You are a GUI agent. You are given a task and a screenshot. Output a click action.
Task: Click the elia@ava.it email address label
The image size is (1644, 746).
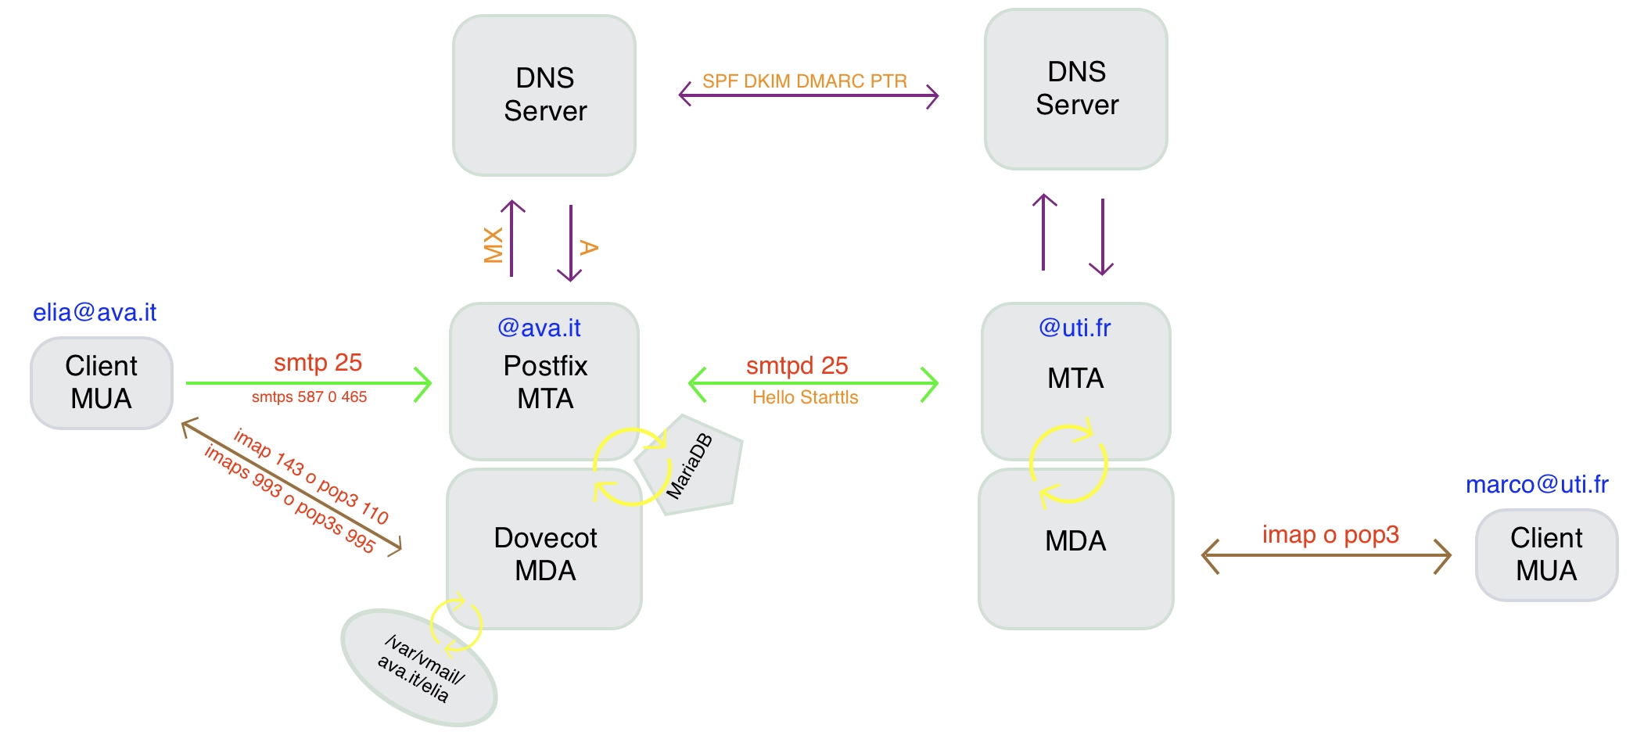[95, 313]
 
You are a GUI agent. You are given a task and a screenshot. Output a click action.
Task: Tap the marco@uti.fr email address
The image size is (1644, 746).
[1537, 485]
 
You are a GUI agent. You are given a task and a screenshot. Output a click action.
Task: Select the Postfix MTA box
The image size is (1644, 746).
[544, 382]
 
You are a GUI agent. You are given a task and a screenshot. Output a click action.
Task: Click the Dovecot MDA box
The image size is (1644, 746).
[544, 554]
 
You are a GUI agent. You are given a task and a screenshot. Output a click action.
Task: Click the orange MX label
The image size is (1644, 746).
[494, 245]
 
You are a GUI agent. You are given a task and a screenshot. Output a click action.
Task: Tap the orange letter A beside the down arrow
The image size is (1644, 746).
[589, 248]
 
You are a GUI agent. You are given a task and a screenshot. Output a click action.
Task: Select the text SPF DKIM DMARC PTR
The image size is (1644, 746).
[804, 81]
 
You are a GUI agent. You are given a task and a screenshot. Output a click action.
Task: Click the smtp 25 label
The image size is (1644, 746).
[318, 363]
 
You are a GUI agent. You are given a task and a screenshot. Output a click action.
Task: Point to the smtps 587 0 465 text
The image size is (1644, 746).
[309, 397]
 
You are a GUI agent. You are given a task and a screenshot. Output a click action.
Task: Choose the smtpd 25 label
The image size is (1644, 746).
[797, 365]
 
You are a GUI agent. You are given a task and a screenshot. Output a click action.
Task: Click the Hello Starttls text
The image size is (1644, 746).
[805, 398]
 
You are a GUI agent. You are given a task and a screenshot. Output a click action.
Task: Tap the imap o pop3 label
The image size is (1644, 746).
[1330, 535]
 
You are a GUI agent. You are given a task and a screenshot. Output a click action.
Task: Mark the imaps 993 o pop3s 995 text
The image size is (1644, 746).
[289, 499]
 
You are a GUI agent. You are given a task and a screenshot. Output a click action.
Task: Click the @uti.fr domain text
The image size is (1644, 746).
[1075, 328]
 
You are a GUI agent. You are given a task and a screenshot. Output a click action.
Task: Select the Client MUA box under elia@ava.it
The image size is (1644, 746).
[102, 383]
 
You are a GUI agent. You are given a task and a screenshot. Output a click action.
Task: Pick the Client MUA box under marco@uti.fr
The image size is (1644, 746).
[1546, 555]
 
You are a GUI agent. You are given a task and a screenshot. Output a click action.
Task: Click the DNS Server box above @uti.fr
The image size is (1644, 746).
[1076, 89]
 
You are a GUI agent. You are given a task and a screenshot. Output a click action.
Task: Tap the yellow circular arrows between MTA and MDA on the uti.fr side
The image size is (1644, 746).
[1068, 464]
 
